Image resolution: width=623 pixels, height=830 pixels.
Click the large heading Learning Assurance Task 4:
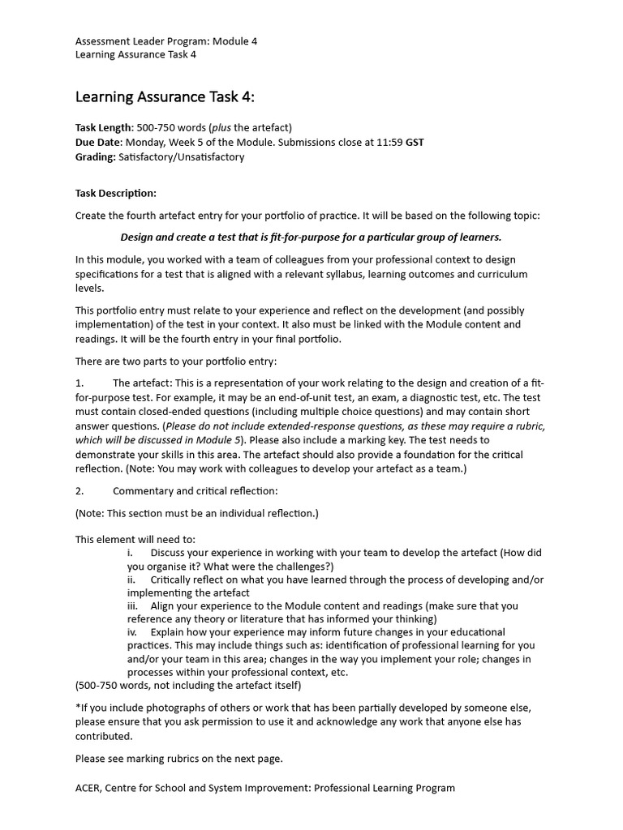165,97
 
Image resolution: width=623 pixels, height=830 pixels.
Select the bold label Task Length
102,128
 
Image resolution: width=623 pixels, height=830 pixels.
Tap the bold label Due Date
98,143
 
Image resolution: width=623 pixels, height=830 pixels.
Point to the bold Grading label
95,157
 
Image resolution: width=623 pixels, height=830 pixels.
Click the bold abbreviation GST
415,143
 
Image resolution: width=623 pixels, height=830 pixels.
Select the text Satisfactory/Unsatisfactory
181,157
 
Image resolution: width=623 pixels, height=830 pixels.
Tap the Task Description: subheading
116,194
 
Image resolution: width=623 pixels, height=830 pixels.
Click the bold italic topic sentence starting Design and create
311,237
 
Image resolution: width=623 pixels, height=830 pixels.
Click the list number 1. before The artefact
79,383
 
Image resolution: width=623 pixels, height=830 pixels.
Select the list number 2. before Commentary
79,491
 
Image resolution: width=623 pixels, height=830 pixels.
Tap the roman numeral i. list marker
131,553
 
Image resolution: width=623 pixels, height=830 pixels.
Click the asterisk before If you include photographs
78,708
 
